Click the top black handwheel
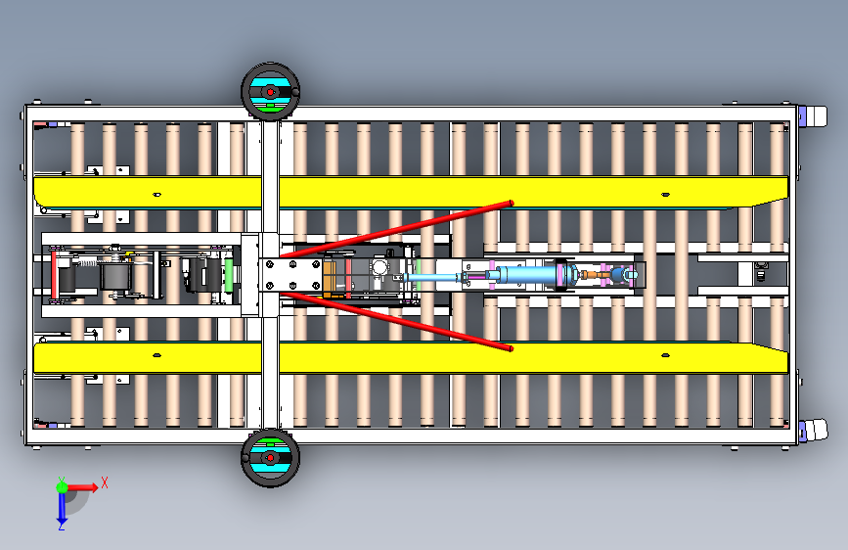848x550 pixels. click(x=270, y=91)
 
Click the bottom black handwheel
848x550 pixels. click(x=270, y=457)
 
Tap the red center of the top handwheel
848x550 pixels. click(x=270, y=93)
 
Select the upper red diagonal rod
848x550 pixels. click(x=396, y=229)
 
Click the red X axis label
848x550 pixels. click(x=105, y=482)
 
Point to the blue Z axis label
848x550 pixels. click(x=62, y=526)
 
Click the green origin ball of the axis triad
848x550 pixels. click(x=62, y=487)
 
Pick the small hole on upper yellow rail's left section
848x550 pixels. click(x=156, y=195)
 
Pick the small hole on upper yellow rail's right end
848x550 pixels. click(x=666, y=195)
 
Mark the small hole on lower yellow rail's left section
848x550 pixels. click(x=156, y=355)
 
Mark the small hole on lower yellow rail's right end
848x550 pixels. click(x=666, y=355)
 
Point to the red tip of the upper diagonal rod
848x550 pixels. click(x=511, y=203)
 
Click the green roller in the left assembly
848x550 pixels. click(x=229, y=276)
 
